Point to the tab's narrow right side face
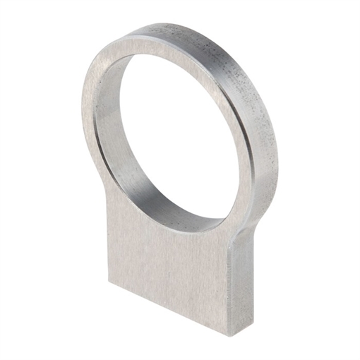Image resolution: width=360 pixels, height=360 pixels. pyautogui.click(x=241, y=282)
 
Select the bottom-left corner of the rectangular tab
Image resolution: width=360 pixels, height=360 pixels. pyautogui.click(x=109, y=281)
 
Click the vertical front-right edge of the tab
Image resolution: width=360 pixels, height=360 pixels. pyautogui.click(x=232, y=282)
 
